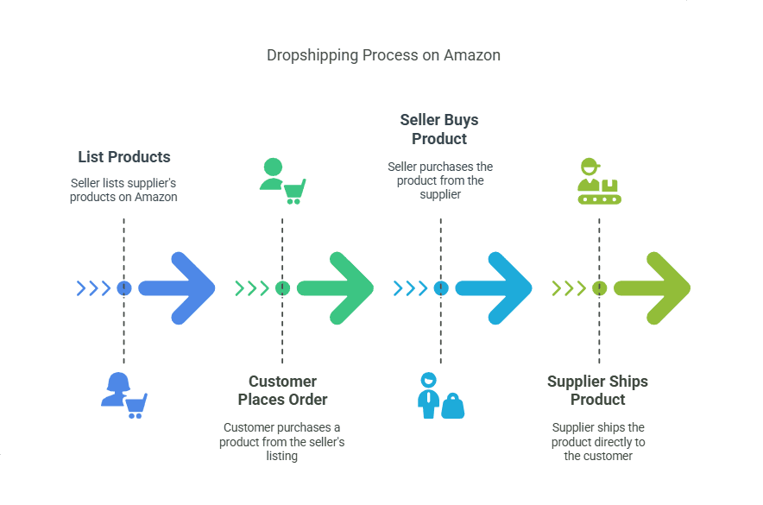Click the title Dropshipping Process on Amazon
(x=383, y=55)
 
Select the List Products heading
(x=124, y=157)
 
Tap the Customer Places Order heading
(x=282, y=390)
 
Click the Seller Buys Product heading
(x=439, y=129)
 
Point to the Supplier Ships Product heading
(x=597, y=390)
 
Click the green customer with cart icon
(x=283, y=180)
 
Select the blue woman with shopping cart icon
(x=124, y=395)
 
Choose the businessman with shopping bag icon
(x=440, y=396)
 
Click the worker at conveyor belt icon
(x=599, y=180)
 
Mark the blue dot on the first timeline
(x=123, y=288)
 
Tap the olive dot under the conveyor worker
(x=599, y=288)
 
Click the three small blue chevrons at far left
(x=94, y=288)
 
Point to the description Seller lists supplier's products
(x=124, y=190)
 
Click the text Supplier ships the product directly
(x=598, y=441)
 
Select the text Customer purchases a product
(x=282, y=441)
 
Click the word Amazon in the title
(x=472, y=55)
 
